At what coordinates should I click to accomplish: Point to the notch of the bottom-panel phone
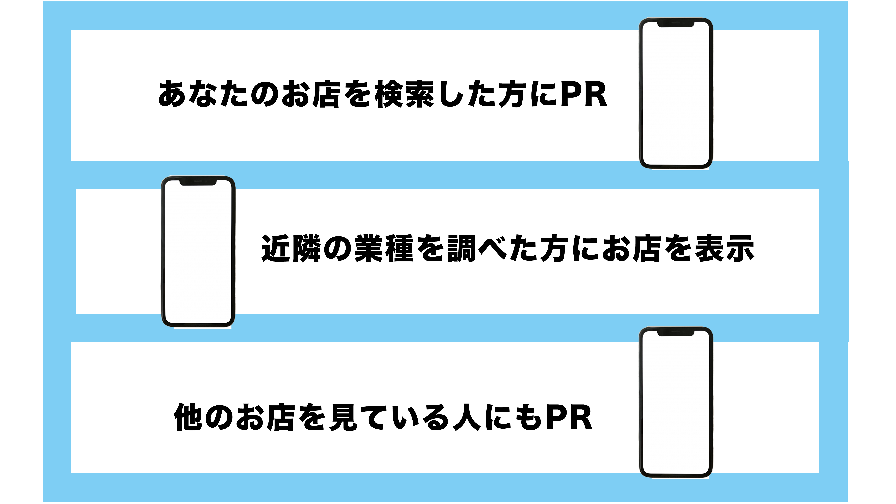click(x=675, y=333)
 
